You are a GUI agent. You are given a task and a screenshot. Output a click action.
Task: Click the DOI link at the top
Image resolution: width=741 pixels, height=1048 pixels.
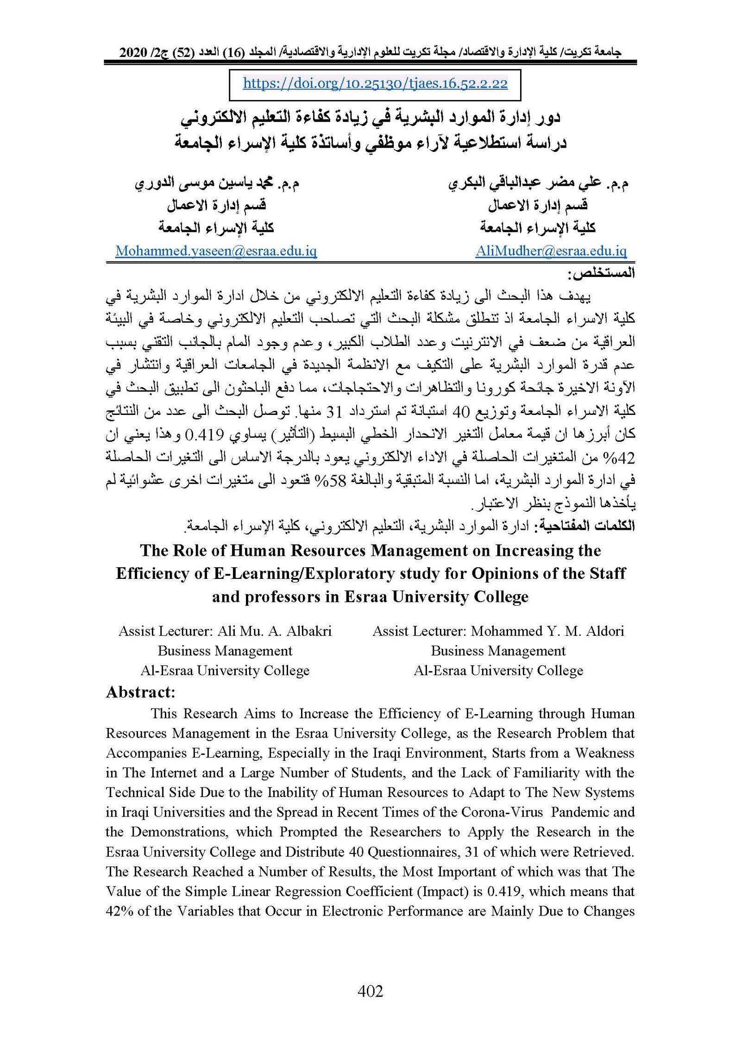click(375, 83)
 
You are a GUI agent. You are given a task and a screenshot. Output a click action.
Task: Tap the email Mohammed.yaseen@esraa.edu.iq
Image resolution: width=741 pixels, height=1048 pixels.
click(216, 251)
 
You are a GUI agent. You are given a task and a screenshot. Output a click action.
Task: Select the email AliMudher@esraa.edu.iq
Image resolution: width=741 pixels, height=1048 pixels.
click(551, 251)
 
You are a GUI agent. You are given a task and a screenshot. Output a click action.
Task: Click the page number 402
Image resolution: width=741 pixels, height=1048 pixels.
click(370, 991)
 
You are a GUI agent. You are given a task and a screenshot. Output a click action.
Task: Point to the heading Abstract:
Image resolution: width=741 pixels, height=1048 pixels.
click(141, 692)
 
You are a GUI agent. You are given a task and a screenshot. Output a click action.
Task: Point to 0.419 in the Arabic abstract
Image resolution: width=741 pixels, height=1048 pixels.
click(204, 435)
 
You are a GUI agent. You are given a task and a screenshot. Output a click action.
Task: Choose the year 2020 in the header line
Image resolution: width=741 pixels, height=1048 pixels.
click(133, 53)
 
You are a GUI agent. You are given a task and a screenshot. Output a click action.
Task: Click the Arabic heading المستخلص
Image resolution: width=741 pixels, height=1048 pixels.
click(601, 274)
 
